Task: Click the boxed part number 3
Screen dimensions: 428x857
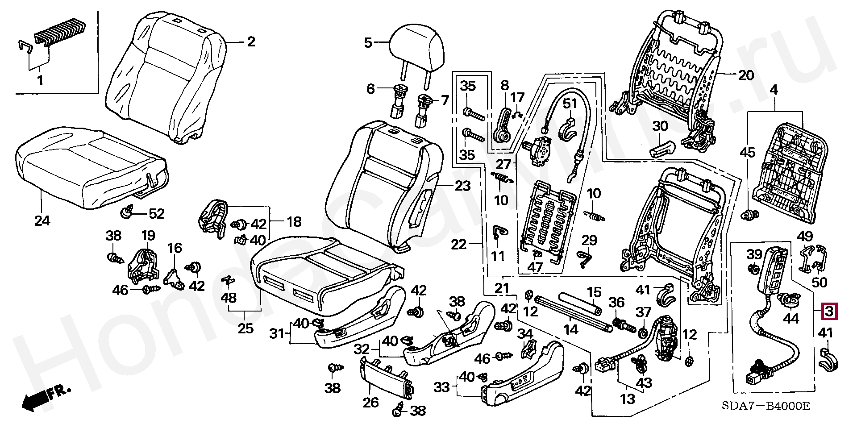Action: click(829, 312)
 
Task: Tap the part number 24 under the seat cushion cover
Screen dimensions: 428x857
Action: click(42, 220)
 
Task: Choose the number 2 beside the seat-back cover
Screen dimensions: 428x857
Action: click(251, 42)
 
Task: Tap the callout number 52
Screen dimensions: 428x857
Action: click(156, 214)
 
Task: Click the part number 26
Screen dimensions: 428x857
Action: click(371, 403)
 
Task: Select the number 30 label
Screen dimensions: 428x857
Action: click(661, 126)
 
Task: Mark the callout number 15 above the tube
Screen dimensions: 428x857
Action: click(594, 293)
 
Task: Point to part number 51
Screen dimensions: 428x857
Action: click(570, 104)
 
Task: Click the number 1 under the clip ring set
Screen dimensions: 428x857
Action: click(40, 81)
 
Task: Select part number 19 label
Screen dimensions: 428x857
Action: click(148, 236)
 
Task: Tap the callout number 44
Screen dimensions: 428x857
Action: click(791, 319)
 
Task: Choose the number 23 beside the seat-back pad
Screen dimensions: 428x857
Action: click(463, 186)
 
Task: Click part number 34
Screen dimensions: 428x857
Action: click(525, 333)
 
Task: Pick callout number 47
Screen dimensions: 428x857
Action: click(535, 268)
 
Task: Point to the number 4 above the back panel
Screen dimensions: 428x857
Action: click(774, 90)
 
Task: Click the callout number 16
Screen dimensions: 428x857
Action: click(175, 248)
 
